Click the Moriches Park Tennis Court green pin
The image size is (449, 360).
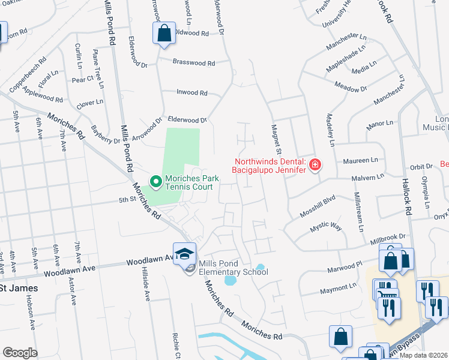[x=155, y=181]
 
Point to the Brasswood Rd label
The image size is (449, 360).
[x=193, y=62]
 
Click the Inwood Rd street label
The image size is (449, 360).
[x=191, y=93]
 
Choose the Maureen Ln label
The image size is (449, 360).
[x=360, y=160]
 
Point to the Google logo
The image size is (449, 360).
[x=20, y=353]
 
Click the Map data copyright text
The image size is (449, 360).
[x=423, y=355]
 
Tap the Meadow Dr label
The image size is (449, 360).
[x=351, y=89]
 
